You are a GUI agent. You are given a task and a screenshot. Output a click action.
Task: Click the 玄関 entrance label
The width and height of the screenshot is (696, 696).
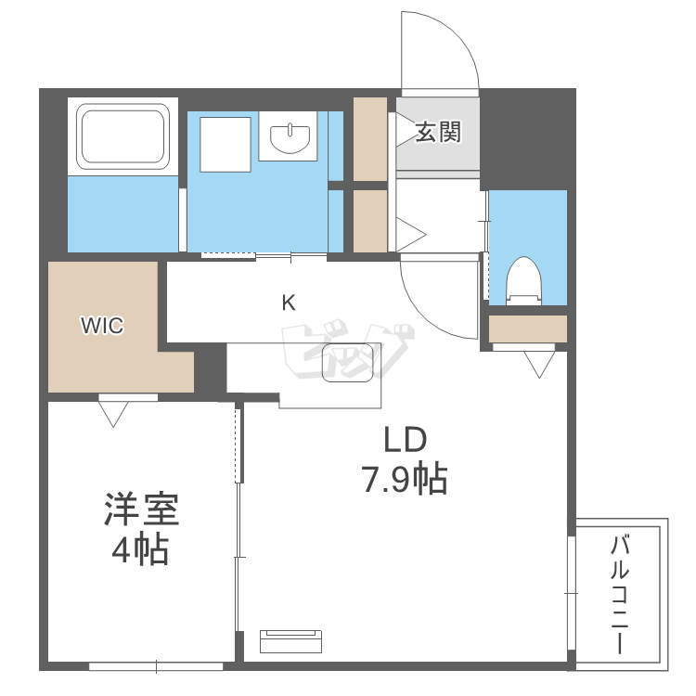(437, 133)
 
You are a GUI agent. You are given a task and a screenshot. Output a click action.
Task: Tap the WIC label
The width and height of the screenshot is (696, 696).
(102, 326)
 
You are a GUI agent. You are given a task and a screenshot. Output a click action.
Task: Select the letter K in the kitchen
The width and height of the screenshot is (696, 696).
(289, 303)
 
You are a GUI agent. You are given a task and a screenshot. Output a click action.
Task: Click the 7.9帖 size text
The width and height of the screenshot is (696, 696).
(404, 480)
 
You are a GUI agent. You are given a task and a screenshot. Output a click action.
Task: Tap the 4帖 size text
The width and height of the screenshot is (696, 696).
(140, 551)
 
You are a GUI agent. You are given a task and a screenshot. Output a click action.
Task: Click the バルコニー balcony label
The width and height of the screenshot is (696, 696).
(620, 595)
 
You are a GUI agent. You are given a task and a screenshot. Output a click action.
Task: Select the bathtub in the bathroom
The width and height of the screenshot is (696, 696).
(123, 137)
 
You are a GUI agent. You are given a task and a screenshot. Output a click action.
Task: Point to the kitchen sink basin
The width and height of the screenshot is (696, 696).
(350, 363)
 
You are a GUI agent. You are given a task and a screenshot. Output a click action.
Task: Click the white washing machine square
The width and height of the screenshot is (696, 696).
(225, 144)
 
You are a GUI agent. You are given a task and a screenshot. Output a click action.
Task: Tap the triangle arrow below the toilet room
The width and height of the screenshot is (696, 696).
(537, 364)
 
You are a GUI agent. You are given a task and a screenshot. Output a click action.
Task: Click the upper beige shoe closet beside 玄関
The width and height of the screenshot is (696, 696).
(371, 139)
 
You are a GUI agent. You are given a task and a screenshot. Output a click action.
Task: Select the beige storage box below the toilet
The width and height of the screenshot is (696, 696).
(527, 329)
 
